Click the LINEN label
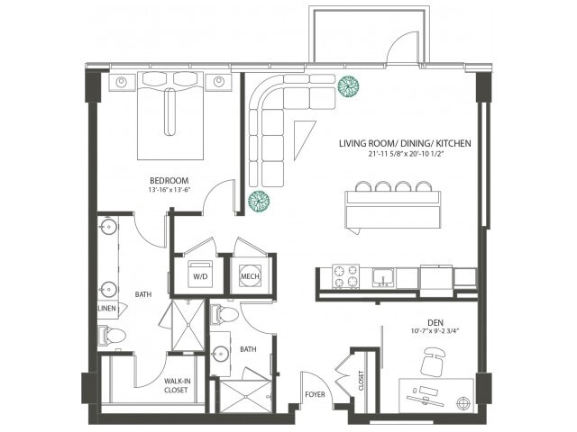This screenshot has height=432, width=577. (106, 309)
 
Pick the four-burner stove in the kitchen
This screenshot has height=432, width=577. (345, 276)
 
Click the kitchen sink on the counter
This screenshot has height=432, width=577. (384, 276)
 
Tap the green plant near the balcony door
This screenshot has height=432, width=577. (348, 86)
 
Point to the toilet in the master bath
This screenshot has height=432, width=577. (113, 335)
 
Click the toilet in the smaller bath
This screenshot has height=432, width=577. (225, 315)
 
